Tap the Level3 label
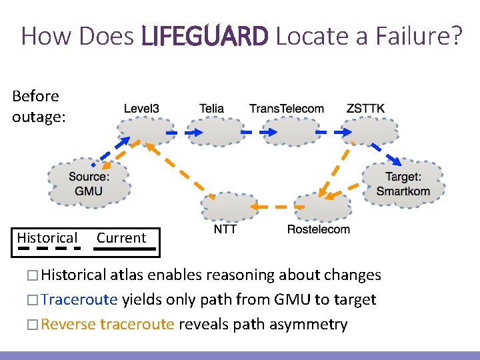point(141,109)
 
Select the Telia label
point(211,109)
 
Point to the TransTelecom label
point(287,109)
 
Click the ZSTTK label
point(365,109)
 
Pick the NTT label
point(225,229)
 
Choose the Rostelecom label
point(318,229)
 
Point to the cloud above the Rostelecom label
point(322,207)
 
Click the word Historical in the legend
point(47,238)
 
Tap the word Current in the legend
point(121,238)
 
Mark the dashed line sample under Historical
point(48,249)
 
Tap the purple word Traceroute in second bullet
point(79,300)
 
